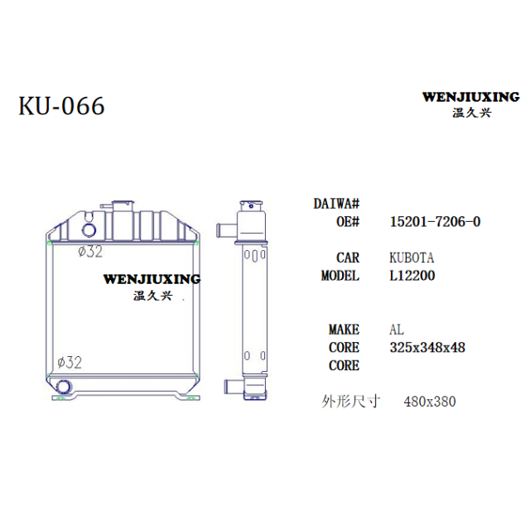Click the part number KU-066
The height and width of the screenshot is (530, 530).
click(61, 106)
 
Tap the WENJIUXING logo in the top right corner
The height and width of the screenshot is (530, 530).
click(471, 104)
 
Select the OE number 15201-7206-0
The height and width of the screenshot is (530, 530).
click(435, 222)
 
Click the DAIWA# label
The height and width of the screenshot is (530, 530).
click(336, 204)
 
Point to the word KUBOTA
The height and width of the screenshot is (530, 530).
click(412, 258)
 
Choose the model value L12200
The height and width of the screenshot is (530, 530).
click(412, 276)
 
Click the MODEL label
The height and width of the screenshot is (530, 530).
click(340, 276)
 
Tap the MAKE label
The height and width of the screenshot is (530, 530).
click(344, 330)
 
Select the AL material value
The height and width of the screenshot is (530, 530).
click(397, 330)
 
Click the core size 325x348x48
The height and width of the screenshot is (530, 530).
click(427, 348)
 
